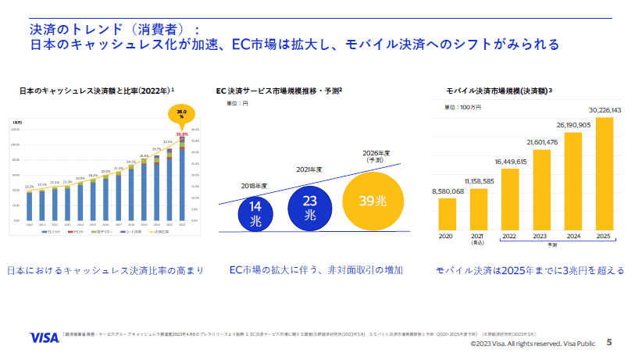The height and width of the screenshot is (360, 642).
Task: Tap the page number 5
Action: point(609,342)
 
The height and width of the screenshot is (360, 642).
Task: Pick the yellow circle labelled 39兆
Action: point(373,200)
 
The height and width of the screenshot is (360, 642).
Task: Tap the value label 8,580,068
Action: point(448,191)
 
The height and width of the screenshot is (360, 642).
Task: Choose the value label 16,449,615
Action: point(511,162)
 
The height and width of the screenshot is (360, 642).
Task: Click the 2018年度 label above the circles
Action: point(254,186)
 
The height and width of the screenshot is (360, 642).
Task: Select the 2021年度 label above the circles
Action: point(309,169)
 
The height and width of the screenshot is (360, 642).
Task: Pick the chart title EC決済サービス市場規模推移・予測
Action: point(278,91)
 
